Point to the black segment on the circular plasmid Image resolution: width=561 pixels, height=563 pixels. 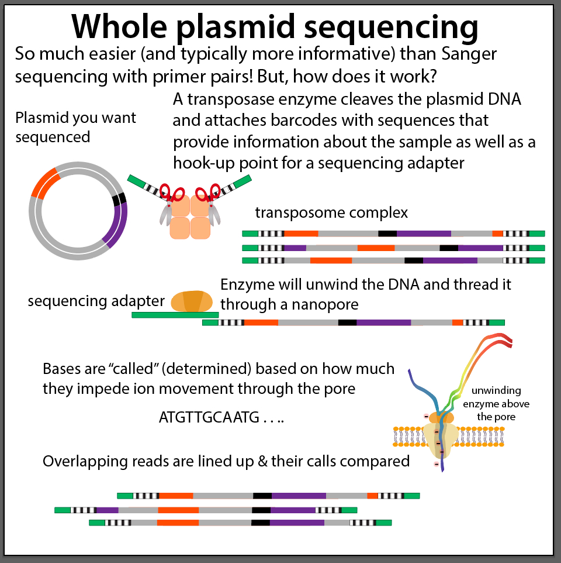(120, 199)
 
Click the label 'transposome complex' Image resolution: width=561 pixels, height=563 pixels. (331, 212)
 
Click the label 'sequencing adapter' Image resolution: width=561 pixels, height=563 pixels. (96, 301)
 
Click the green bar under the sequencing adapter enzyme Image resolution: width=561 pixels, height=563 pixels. (175, 315)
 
